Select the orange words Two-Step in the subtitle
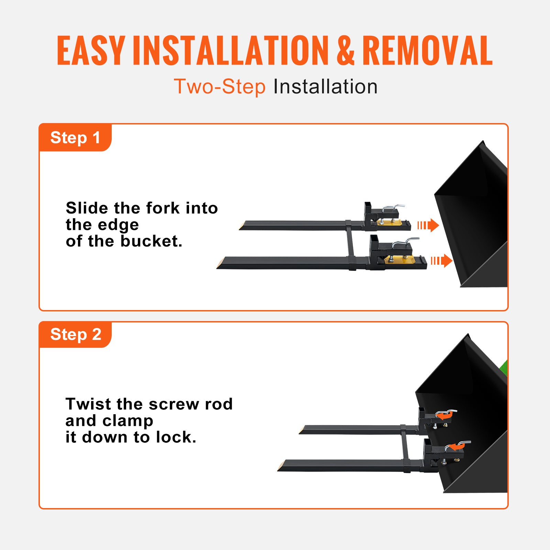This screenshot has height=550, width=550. (x=220, y=86)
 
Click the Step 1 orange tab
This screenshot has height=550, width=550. (x=75, y=137)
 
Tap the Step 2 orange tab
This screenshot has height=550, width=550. (x=75, y=334)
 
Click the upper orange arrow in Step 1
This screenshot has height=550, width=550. (x=429, y=225)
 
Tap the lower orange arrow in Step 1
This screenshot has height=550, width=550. (x=442, y=261)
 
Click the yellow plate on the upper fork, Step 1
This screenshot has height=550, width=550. (x=389, y=223)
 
